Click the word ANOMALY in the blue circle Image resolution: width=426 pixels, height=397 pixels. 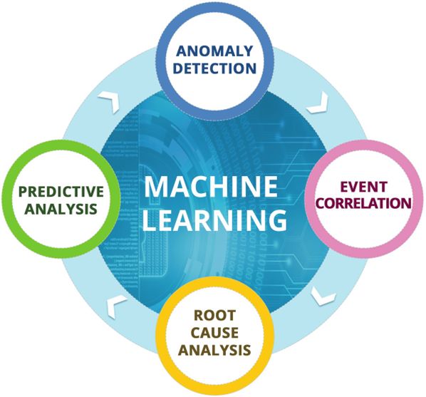214,51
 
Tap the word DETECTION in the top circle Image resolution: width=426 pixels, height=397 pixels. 214,68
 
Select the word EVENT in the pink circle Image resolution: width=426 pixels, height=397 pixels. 364,187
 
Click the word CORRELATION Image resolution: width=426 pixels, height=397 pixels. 364,203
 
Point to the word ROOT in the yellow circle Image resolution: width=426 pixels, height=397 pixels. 214,316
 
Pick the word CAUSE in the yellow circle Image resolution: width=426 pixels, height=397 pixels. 214,333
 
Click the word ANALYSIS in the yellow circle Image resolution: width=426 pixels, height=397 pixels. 214,350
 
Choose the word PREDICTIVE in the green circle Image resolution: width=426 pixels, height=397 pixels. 61,192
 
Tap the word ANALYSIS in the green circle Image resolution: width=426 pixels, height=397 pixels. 61,209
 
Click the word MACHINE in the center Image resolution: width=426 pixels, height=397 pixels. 211,187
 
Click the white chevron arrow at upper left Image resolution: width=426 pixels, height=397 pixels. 110,102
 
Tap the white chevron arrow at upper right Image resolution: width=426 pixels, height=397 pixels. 318,103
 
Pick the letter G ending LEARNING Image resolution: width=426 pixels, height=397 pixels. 276,220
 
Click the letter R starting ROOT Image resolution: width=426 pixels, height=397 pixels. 199,316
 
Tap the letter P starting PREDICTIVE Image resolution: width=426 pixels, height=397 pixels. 23,192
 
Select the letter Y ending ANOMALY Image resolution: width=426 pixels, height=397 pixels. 247,51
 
